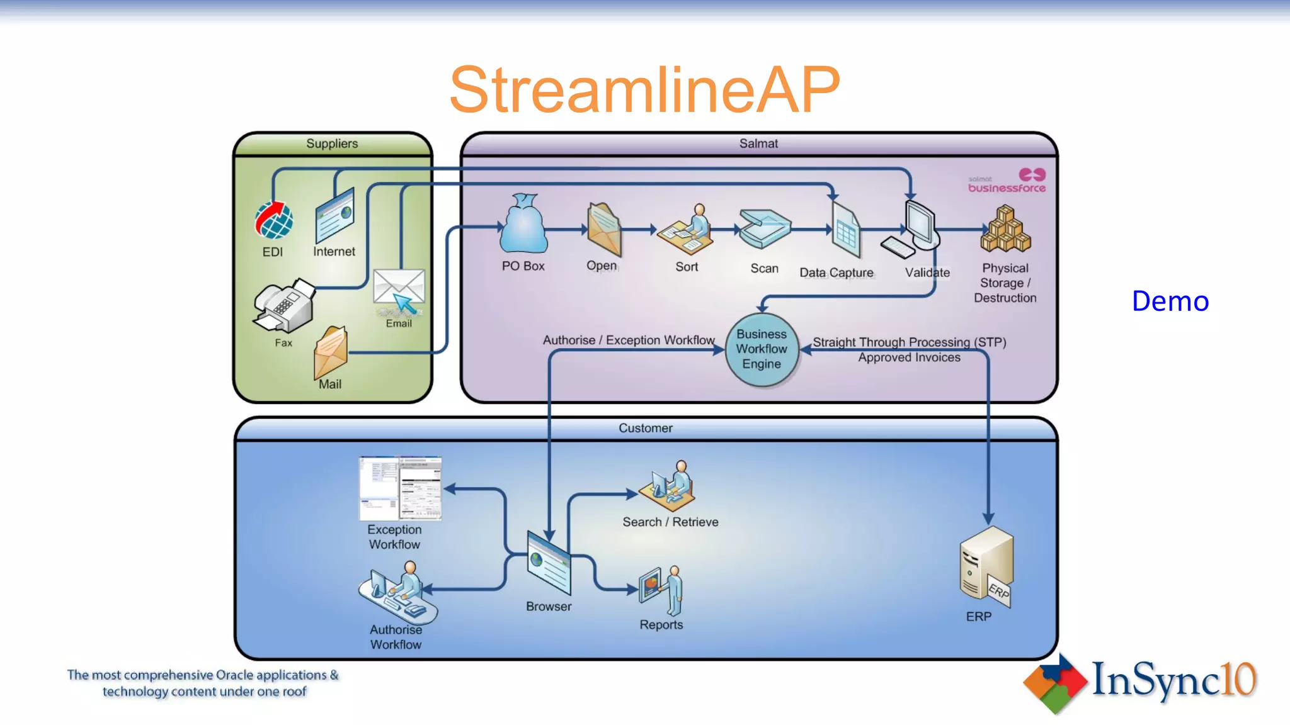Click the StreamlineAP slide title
644,90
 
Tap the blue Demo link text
1170,301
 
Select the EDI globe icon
274,220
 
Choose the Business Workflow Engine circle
762,349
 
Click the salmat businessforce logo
1007,181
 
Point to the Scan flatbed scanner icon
764,229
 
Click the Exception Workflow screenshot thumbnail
401,488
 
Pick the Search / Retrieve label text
670,522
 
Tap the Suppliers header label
332,143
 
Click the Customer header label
645,428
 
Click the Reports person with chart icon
661,589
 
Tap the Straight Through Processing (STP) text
909,342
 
